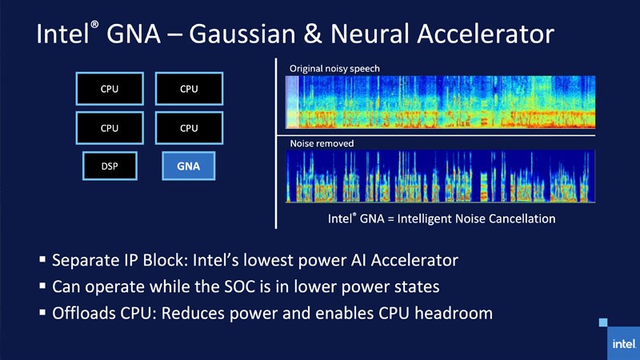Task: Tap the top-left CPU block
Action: pyautogui.click(x=110, y=89)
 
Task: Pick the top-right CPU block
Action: pyautogui.click(x=189, y=89)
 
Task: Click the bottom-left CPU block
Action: pyautogui.click(x=110, y=128)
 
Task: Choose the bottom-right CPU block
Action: pyautogui.click(x=189, y=128)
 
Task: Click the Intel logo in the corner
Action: pyautogui.click(x=618, y=339)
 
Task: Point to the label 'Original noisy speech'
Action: pyautogui.click(x=334, y=69)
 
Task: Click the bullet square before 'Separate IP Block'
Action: pyautogui.click(x=42, y=260)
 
